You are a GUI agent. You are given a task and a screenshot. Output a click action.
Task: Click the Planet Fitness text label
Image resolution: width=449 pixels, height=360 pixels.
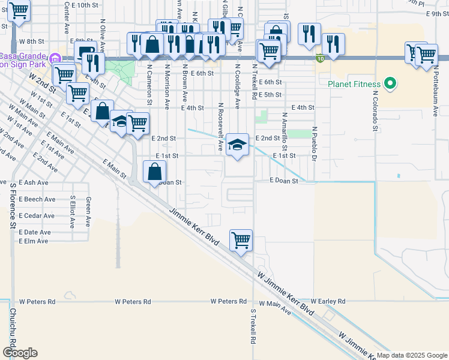(355, 84)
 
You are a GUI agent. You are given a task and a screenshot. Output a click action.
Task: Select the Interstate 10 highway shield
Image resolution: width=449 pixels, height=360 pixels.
(319, 58)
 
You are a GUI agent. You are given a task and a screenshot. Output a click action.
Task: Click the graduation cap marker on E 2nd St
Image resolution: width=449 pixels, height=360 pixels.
(238, 145)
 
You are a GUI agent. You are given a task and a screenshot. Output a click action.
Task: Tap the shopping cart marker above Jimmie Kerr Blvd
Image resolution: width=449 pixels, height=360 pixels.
(241, 240)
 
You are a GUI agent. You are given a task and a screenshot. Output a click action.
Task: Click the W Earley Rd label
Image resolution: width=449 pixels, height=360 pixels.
(328, 301)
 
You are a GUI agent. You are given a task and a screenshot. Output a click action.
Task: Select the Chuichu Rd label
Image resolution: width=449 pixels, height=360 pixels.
(11, 330)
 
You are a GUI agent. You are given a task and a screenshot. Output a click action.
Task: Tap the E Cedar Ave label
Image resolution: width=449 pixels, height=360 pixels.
(37, 215)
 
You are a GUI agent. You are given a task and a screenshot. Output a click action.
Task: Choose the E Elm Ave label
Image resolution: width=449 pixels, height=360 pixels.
(34, 241)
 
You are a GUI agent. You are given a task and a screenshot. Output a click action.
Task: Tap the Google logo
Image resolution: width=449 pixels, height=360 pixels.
(19, 353)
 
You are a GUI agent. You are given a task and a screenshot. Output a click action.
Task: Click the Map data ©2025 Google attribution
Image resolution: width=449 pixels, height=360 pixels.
(412, 355)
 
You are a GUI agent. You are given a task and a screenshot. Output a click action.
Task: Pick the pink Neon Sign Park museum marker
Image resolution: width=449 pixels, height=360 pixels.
(55, 59)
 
